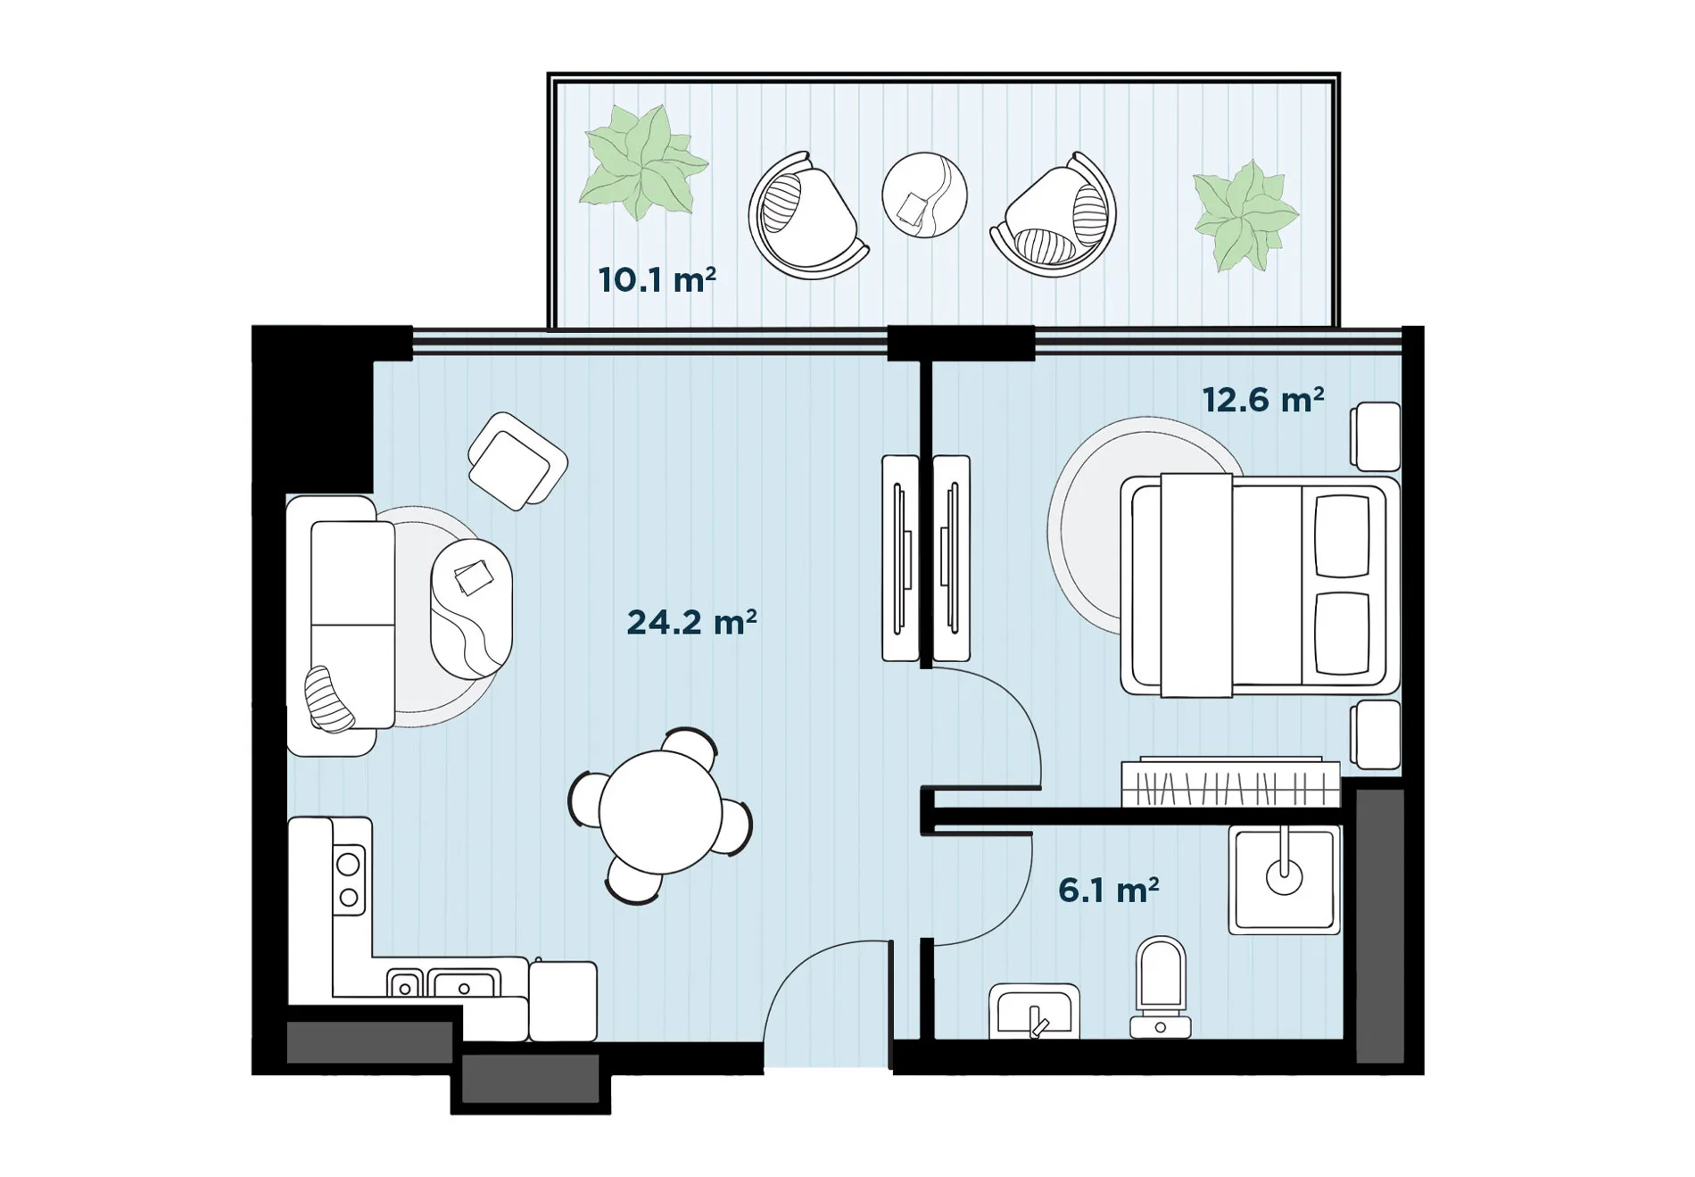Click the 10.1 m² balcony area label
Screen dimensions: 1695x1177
pos(657,279)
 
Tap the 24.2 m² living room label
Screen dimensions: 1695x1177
pos(691,622)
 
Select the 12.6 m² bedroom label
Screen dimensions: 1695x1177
pos(1262,400)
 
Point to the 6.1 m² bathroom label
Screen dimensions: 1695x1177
pos(1108,890)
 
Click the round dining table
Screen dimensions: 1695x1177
pos(660,812)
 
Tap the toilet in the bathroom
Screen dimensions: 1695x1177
pos(1161,987)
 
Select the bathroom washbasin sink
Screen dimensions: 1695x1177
pos(1034,1012)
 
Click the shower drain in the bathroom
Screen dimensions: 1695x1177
pos(1284,877)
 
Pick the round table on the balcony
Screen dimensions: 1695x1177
pos(924,195)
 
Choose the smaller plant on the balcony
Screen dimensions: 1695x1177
pos(1245,215)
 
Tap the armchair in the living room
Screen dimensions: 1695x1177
pos(517,461)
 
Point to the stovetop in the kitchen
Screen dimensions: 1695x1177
pos(349,879)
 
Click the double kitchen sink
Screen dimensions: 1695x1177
pos(443,982)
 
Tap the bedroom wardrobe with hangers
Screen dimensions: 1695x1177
pos(1231,783)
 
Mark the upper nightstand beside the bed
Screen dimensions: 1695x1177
pos(1375,436)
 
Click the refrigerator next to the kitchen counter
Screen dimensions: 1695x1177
pos(563,1000)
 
